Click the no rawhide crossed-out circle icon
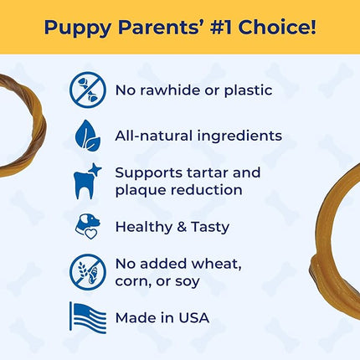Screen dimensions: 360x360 tap(88, 89)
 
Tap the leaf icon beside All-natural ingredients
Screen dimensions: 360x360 tap(88, 135)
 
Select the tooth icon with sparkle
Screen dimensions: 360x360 tap(88, 181)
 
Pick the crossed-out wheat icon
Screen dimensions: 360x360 tap(88, 272)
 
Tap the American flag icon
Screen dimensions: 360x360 tap(88, 317)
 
